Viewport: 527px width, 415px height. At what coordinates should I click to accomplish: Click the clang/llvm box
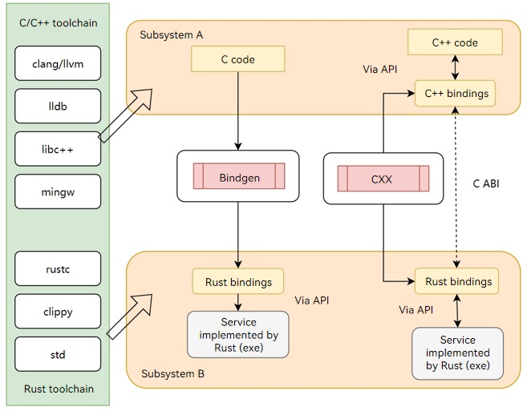[58, 63]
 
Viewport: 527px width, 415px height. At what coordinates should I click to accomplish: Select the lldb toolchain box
[58, 106]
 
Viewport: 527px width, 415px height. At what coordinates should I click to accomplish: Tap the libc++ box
[58, 149]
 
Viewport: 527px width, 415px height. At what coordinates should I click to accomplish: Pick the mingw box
[58, 191]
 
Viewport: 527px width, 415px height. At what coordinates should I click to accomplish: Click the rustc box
[58, 268]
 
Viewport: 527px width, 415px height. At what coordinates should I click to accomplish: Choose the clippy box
[58, 311]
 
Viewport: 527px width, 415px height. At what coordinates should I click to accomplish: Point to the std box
[58, 354]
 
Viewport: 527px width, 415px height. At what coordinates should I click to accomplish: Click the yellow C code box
[238, 59]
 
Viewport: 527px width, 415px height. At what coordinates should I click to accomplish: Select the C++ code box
[455, 42]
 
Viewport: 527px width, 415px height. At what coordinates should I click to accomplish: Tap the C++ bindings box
[456, 94]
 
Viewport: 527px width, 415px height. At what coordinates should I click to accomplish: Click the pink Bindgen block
[239, 176]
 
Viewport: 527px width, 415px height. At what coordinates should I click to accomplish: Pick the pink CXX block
[383, 179]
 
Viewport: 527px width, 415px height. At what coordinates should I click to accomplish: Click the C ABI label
[486, 183]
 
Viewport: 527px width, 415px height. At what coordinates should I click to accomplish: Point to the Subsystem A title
[172, 35]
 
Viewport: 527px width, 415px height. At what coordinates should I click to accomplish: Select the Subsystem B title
[172, 373]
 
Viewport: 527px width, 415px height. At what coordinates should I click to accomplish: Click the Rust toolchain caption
[59, 389]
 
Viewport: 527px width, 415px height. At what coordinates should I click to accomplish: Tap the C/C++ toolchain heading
[59, 22]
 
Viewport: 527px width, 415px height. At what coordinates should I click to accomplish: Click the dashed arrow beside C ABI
[456, 187]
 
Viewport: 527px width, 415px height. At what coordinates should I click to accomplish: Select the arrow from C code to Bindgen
[238, 111]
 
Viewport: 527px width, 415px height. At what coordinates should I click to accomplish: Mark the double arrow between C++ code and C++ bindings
[455, 67]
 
